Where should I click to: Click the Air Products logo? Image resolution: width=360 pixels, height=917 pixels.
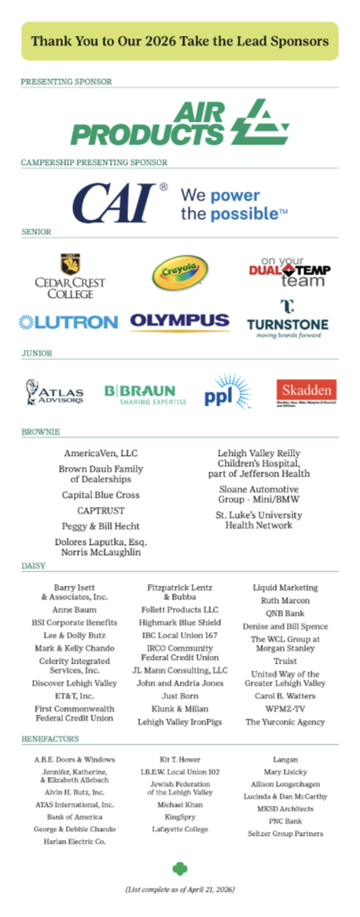(x=179, y=124)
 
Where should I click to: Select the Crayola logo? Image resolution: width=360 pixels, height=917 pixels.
(x=180, y=274)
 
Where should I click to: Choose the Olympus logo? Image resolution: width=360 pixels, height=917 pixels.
(x=179, y=322)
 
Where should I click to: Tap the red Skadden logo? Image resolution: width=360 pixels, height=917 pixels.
(x=306, y=391)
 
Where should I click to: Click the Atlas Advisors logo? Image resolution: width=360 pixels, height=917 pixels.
(x=55, y=392)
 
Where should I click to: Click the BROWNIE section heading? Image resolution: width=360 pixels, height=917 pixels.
(x=41, y=432)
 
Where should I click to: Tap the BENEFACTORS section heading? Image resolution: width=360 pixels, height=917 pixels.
(x=50, y=740)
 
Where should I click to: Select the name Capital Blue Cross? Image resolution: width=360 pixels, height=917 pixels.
(x=101, y=495)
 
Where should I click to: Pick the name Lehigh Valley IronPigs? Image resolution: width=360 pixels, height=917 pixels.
(x=180, y=721)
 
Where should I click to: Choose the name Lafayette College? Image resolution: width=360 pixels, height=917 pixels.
(x=180, y=829)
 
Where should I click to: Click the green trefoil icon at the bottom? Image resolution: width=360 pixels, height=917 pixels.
(x=180, y=868)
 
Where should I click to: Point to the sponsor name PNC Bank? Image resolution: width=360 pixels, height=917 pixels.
(x=285, y=821)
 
